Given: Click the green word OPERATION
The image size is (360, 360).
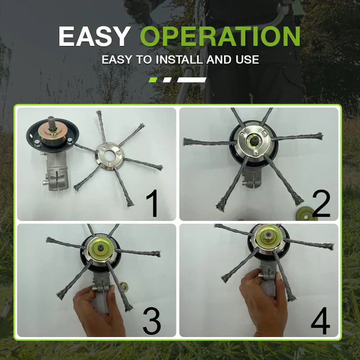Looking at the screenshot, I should pos(220,37).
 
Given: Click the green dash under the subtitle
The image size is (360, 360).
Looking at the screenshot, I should pos(153,80).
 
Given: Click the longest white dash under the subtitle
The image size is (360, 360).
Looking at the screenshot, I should pos(192,80).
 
